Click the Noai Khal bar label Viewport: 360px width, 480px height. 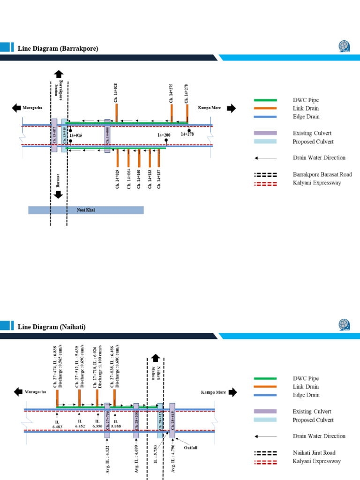86,210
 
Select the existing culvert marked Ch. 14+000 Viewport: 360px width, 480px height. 107,135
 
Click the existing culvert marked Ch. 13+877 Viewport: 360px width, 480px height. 54,135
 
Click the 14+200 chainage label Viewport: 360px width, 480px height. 164,135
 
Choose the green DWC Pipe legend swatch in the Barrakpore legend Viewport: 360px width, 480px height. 265,100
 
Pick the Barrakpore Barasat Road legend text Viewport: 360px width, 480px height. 322,174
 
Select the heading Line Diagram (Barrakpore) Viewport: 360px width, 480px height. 58,48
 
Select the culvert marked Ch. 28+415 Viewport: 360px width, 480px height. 172,420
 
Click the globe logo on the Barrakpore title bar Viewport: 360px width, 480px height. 345,47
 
